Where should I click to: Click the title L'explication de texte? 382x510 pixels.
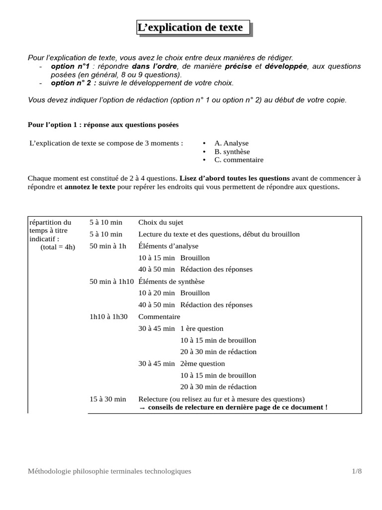[193, 28]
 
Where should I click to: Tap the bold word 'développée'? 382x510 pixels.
[286, 66]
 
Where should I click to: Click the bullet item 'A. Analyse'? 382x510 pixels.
[231, 143]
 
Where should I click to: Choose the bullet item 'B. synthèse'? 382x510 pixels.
[232, 152]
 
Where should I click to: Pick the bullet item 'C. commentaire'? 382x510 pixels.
[239, 160]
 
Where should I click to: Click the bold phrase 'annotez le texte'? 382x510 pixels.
[90, 187]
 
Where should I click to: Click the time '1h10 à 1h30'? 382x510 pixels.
[108, 317]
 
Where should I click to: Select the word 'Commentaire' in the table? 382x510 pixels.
[159, 317]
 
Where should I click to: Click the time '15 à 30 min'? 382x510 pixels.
[108, 399]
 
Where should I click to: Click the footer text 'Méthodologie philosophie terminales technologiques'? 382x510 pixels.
[109, 471]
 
